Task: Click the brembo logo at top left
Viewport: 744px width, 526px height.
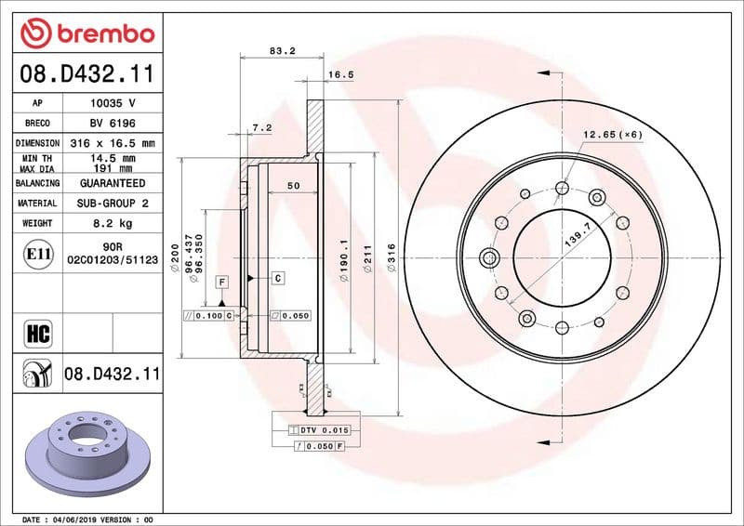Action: point(86,33)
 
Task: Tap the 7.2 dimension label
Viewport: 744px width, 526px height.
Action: point(261,127)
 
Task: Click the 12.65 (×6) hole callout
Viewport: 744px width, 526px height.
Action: point(613,136)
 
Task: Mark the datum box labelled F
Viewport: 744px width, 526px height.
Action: point(222,281)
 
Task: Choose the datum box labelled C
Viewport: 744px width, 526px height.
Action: point(277,278)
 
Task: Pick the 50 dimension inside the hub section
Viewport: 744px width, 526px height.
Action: point(293,186)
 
